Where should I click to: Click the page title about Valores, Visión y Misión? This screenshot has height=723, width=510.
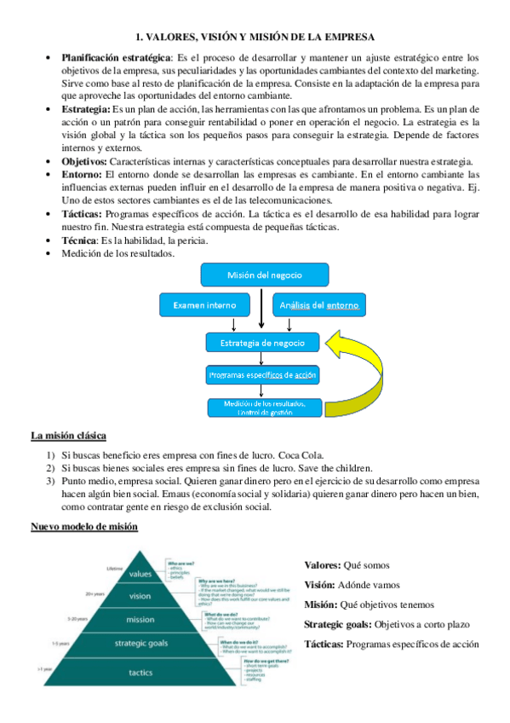[255, 36]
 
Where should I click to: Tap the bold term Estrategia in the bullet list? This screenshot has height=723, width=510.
[85, 109]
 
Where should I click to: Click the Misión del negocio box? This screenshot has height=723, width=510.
[252, 275]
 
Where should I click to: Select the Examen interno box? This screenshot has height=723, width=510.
[204, 305]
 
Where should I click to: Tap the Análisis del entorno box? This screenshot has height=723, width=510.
[318, 305]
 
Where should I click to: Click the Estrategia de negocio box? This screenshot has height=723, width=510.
[262, 343]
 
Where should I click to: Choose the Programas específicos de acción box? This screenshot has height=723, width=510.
[262, 375]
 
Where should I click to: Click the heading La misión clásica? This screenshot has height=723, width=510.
[68, 436]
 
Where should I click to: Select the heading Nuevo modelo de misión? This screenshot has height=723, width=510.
[84, 526]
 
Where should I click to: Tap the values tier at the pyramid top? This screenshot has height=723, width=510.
[140, 574]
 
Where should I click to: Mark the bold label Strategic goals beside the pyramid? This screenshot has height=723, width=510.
[339, 625]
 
